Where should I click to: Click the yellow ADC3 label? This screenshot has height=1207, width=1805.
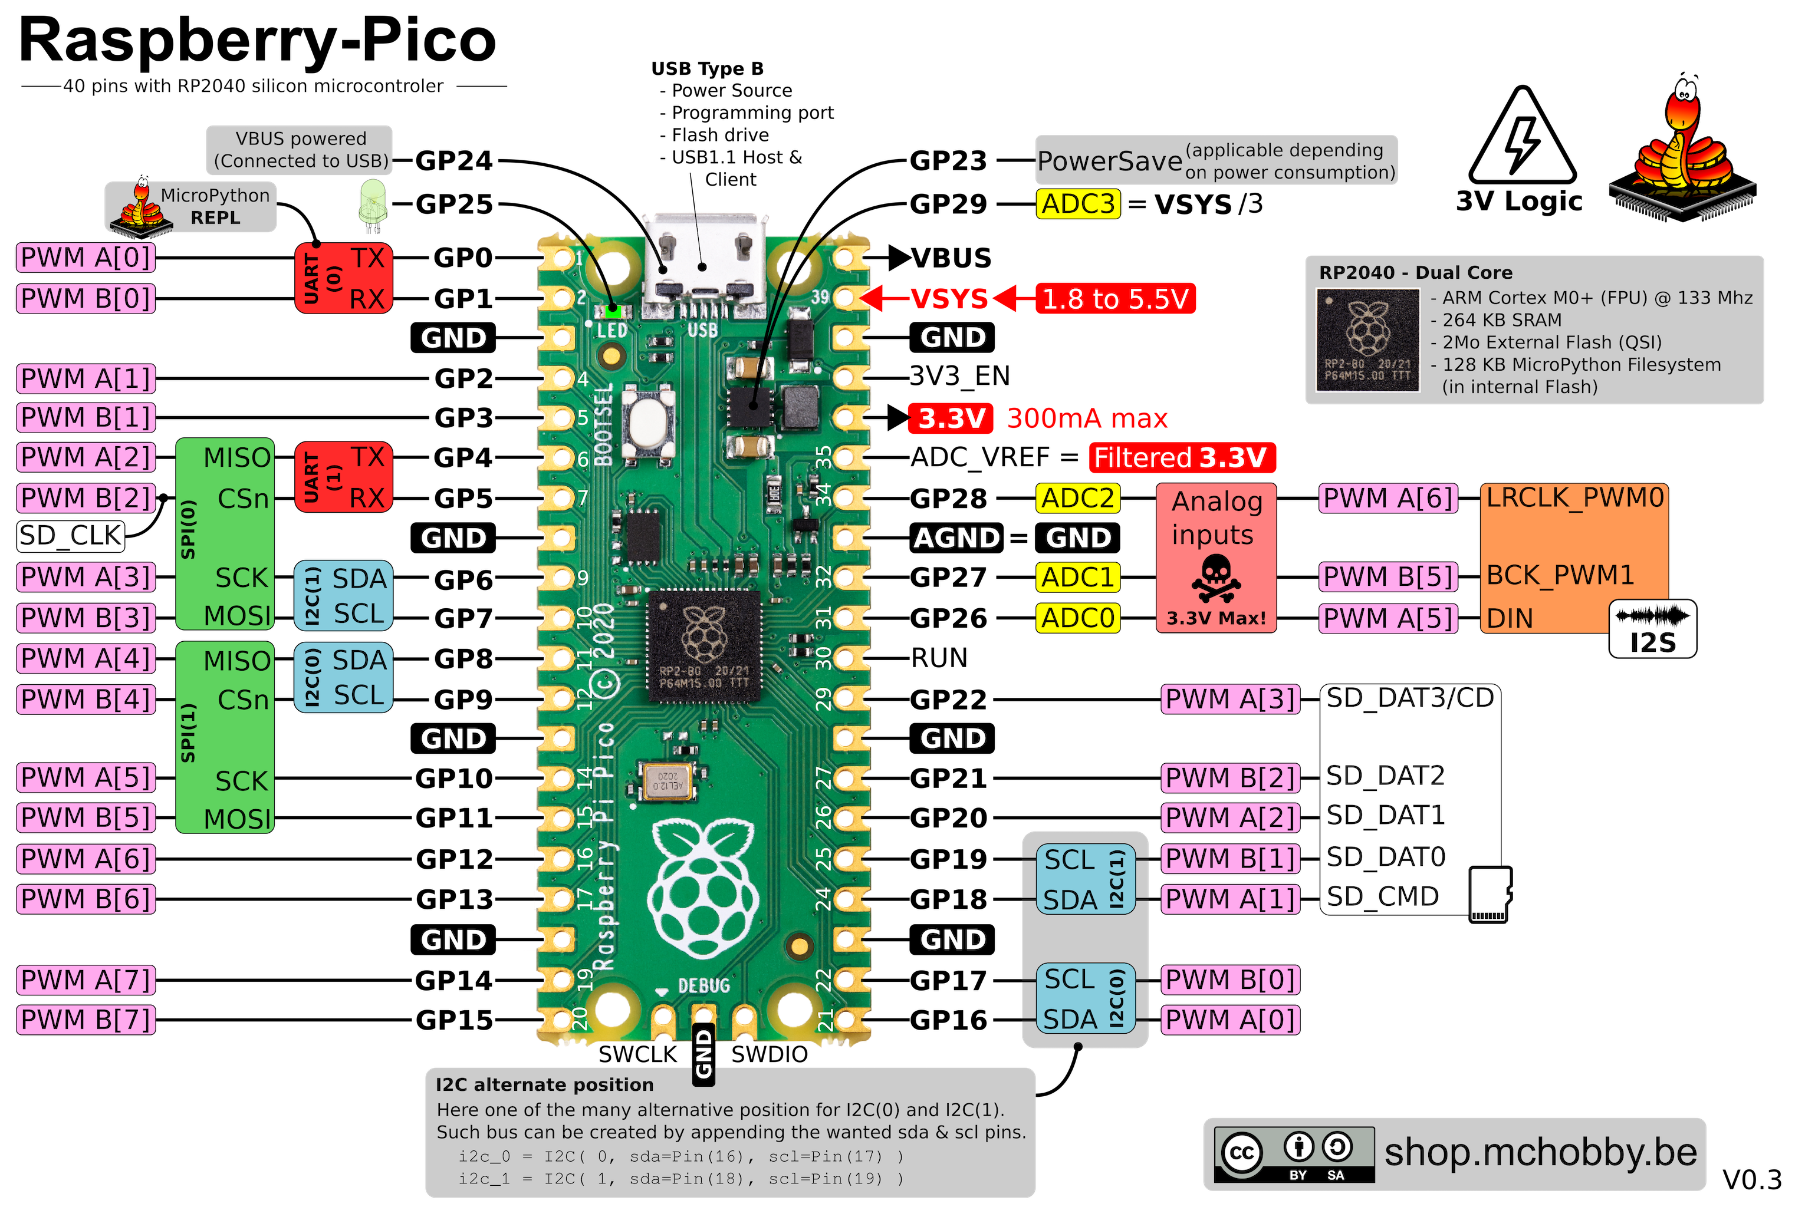pos(1077,204)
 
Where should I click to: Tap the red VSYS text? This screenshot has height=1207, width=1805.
pos(949,299)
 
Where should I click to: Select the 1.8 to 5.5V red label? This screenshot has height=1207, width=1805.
pos(1115,299)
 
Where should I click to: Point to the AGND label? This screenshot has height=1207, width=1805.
pos(956,537)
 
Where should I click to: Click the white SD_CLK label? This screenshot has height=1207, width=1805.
pos(70,536)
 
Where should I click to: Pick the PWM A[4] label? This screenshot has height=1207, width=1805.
pos(86,659)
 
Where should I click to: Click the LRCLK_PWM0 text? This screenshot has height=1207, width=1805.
pos(1575,498)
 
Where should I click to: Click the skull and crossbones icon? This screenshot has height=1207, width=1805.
pos(1216,579)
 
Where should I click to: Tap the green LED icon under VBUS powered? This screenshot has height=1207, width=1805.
pos(373,202)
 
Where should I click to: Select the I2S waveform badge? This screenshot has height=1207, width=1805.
pos(1652,629)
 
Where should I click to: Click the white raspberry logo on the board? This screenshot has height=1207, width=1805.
pos(703,878)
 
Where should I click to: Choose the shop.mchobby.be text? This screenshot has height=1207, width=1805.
pos(1540,1152)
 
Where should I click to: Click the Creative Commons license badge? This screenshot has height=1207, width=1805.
pos(1294,1154)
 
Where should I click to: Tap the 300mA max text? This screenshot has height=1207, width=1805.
pos(1087,418)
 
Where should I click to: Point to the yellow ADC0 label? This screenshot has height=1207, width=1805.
pos(1077,618)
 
